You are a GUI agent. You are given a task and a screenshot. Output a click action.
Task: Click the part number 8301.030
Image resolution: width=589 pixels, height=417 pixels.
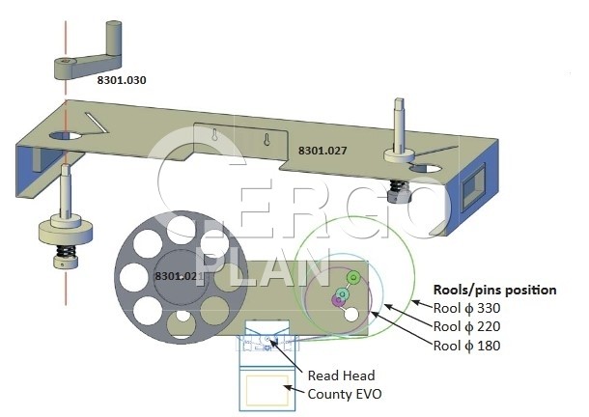[122, 80]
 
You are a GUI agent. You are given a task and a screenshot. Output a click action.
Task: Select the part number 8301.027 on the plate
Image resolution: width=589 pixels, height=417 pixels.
[323, 151]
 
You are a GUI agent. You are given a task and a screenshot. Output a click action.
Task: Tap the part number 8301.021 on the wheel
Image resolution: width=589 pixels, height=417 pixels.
[180, 276]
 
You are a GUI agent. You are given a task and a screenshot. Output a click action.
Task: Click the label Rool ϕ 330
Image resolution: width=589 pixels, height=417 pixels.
[467, 308]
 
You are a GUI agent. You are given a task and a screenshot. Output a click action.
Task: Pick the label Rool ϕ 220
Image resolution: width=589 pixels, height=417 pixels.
[467, 326]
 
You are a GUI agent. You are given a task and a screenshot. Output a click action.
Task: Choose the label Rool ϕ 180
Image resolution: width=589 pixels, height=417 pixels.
[467, 346]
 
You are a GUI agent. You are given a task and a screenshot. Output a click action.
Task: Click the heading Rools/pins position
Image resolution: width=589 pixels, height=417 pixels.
[495, 290]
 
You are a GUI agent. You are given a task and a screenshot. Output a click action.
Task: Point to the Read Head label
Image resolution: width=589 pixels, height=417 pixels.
[342, 375]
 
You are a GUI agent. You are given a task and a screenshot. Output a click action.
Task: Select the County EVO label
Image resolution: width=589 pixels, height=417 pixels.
[345, 394]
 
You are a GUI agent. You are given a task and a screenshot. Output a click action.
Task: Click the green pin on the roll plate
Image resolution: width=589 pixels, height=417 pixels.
[353, 278]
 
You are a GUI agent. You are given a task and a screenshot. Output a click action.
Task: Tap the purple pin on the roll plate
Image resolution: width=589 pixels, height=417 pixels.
[338, 300]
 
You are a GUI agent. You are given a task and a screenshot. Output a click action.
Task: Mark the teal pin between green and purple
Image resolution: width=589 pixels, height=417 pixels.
[342, 293]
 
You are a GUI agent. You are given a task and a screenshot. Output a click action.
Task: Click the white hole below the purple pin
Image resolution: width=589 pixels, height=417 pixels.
[351, 315]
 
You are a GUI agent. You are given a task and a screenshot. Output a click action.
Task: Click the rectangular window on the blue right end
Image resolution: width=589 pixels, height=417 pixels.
[473, 186]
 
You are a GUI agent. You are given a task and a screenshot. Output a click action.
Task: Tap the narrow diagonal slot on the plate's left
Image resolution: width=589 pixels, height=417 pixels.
[97, 123]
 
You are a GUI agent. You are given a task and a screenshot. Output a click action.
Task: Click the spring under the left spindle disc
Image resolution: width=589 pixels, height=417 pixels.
[65, 251]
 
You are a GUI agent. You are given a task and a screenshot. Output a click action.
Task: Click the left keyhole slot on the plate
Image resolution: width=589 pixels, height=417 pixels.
[214, 135]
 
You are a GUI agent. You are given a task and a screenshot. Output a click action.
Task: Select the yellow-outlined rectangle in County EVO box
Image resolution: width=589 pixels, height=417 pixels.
[267, 391]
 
